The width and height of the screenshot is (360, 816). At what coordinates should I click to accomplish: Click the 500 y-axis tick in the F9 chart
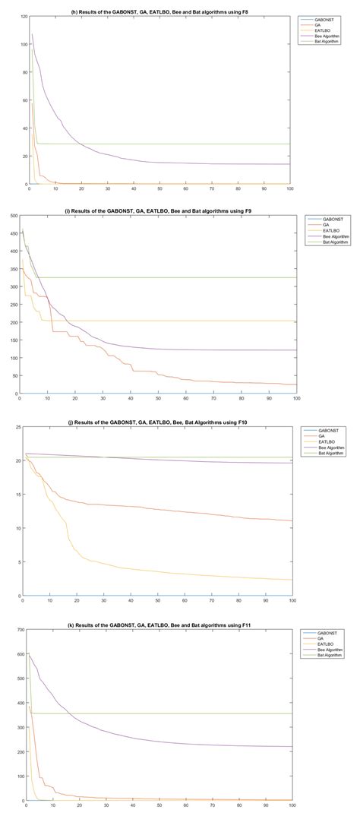pyautogui.click(x=13, y=216)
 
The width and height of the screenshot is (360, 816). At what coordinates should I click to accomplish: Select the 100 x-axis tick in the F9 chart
pyautogui.click(x=296, y=398)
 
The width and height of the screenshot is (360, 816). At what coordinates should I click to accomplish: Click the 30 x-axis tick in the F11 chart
pyautogui.click(x=106, y=805)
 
